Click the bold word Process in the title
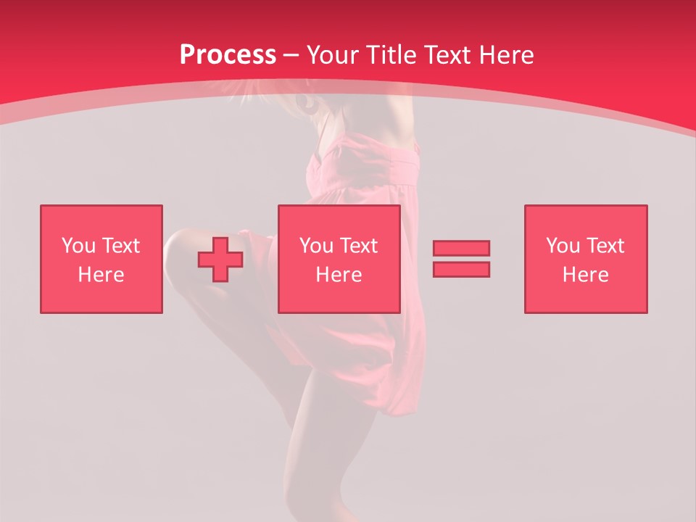tap(228, 54)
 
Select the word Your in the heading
tap(334, 54)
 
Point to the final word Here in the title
tap(507, 54)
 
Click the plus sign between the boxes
tap(220, 260)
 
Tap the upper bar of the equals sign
tap(461, 248)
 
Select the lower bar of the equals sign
tap(461, 269)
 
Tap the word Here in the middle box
tap(339, 275)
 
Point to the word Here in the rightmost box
tap(586, 275)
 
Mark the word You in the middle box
tap(316, 246)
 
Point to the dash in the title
tap(291, 55)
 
